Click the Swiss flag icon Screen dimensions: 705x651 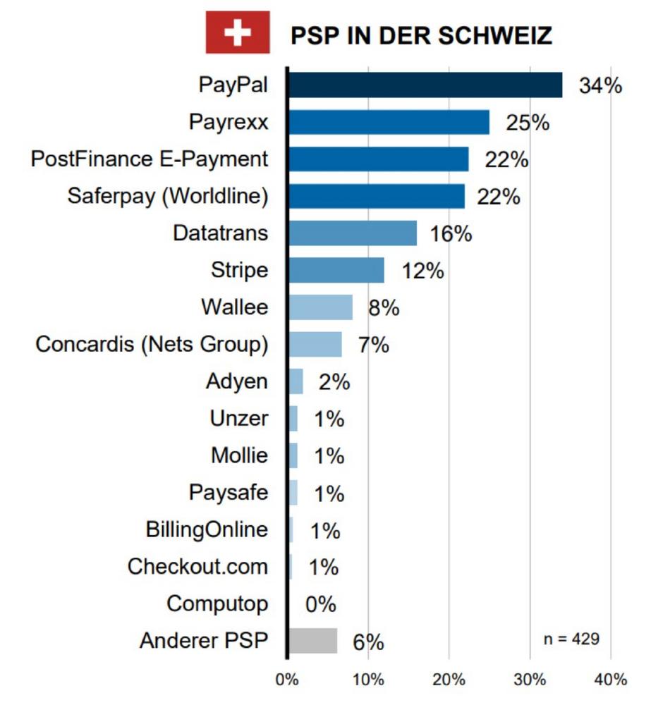238,32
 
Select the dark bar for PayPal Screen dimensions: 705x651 425,85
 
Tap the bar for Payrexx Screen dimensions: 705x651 389,123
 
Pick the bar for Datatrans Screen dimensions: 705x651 353,233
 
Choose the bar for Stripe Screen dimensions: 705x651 336,270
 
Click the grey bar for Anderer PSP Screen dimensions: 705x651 312,641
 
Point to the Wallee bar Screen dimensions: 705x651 320,307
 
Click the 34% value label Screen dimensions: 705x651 600,86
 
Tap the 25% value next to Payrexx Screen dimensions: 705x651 527,123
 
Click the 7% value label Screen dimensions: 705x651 373,345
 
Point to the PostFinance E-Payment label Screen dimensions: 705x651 150,159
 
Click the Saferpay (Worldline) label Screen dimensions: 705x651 168,196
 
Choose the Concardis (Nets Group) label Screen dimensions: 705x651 152,345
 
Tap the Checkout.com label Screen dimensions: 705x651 197,567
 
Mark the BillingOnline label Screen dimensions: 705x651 207,529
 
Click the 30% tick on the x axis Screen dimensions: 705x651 530,680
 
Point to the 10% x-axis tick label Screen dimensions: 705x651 368,680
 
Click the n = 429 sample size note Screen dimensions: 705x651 571,639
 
